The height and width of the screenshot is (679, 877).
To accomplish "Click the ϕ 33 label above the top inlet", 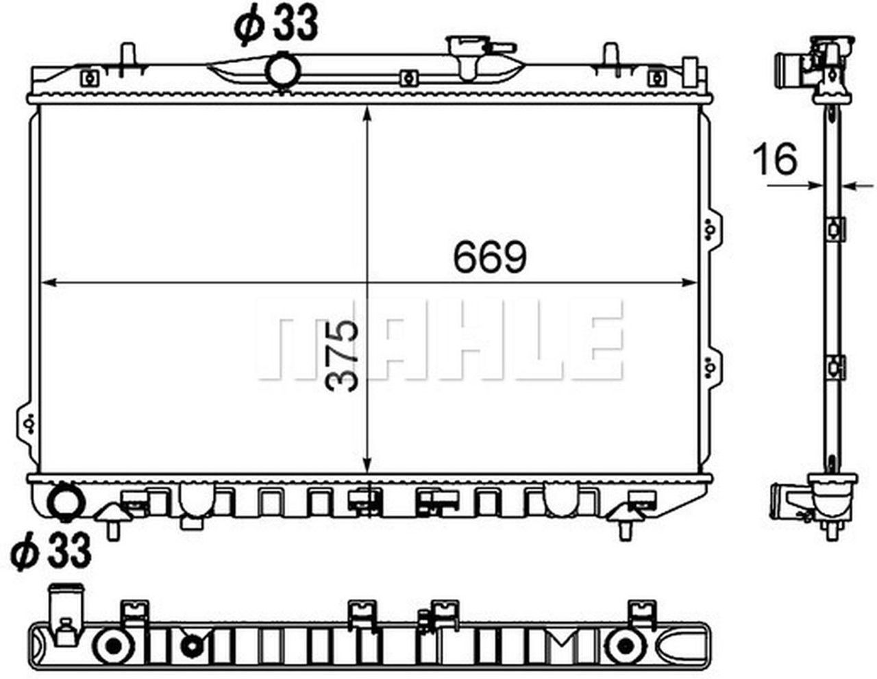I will tap(276, 25).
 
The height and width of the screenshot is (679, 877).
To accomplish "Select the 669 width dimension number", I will tap(490, 258).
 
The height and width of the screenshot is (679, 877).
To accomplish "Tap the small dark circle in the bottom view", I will tap(192, 645).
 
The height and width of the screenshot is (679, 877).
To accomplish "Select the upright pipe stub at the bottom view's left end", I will tap(64, 613).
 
